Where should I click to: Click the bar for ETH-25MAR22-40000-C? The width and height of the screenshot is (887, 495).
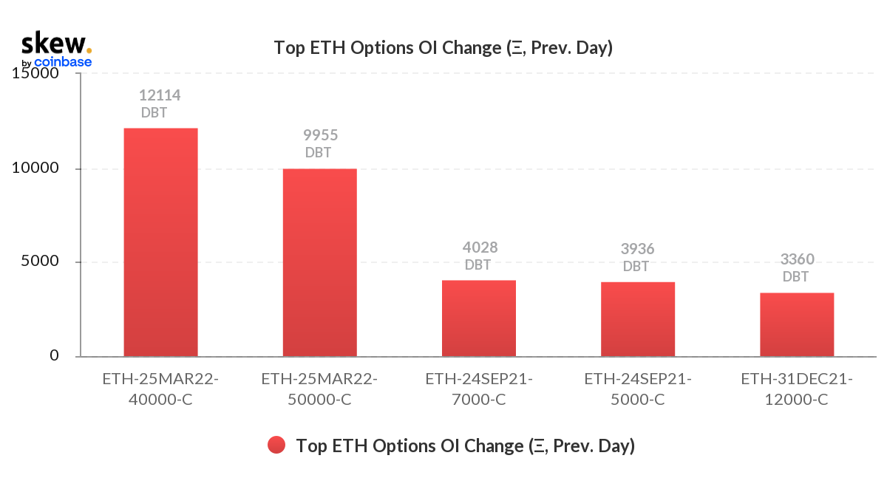click(161, 242)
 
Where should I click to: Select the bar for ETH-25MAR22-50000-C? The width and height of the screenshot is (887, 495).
click(320, 263)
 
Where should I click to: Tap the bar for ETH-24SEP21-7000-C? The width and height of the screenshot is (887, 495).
click(479, 318)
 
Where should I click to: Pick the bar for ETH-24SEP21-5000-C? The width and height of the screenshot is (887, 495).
click(638, 319)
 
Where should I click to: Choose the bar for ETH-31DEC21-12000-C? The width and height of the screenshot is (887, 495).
click(797, 325)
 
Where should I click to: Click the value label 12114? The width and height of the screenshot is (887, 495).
click(160, 95)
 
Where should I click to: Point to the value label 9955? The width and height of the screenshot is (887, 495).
click(320, 135)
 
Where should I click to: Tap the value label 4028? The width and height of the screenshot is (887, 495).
click(480, 247)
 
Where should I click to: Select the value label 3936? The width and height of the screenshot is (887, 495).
click(637, 249)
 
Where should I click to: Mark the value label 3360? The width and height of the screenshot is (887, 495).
click(797, 259)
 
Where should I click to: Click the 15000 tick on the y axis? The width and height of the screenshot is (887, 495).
click(35, 73)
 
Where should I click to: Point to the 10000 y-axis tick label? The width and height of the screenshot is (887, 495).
click(35, 168)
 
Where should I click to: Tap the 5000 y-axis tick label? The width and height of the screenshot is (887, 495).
click(40, 261)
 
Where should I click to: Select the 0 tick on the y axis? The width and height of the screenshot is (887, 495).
click(54, 355)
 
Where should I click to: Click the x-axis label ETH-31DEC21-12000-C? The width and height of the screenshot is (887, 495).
click(797, 389)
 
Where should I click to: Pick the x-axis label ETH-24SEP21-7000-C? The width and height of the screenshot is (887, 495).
click(479, 389)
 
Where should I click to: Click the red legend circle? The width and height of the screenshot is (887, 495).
click(276, 445)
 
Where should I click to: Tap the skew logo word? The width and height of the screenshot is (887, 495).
click(54, 43)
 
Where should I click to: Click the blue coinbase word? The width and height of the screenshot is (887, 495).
click(63, 62)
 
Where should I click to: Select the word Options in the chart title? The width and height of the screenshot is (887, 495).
click(381, 48)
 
